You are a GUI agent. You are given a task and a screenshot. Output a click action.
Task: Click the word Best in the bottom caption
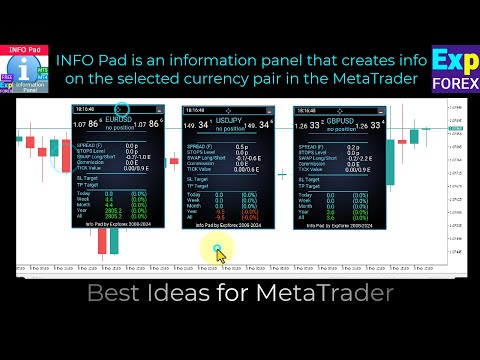pos(113,294)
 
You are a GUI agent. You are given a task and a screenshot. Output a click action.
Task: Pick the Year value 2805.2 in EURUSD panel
pos(113,211)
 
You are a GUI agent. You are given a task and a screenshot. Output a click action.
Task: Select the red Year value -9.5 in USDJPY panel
pos(219,211)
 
